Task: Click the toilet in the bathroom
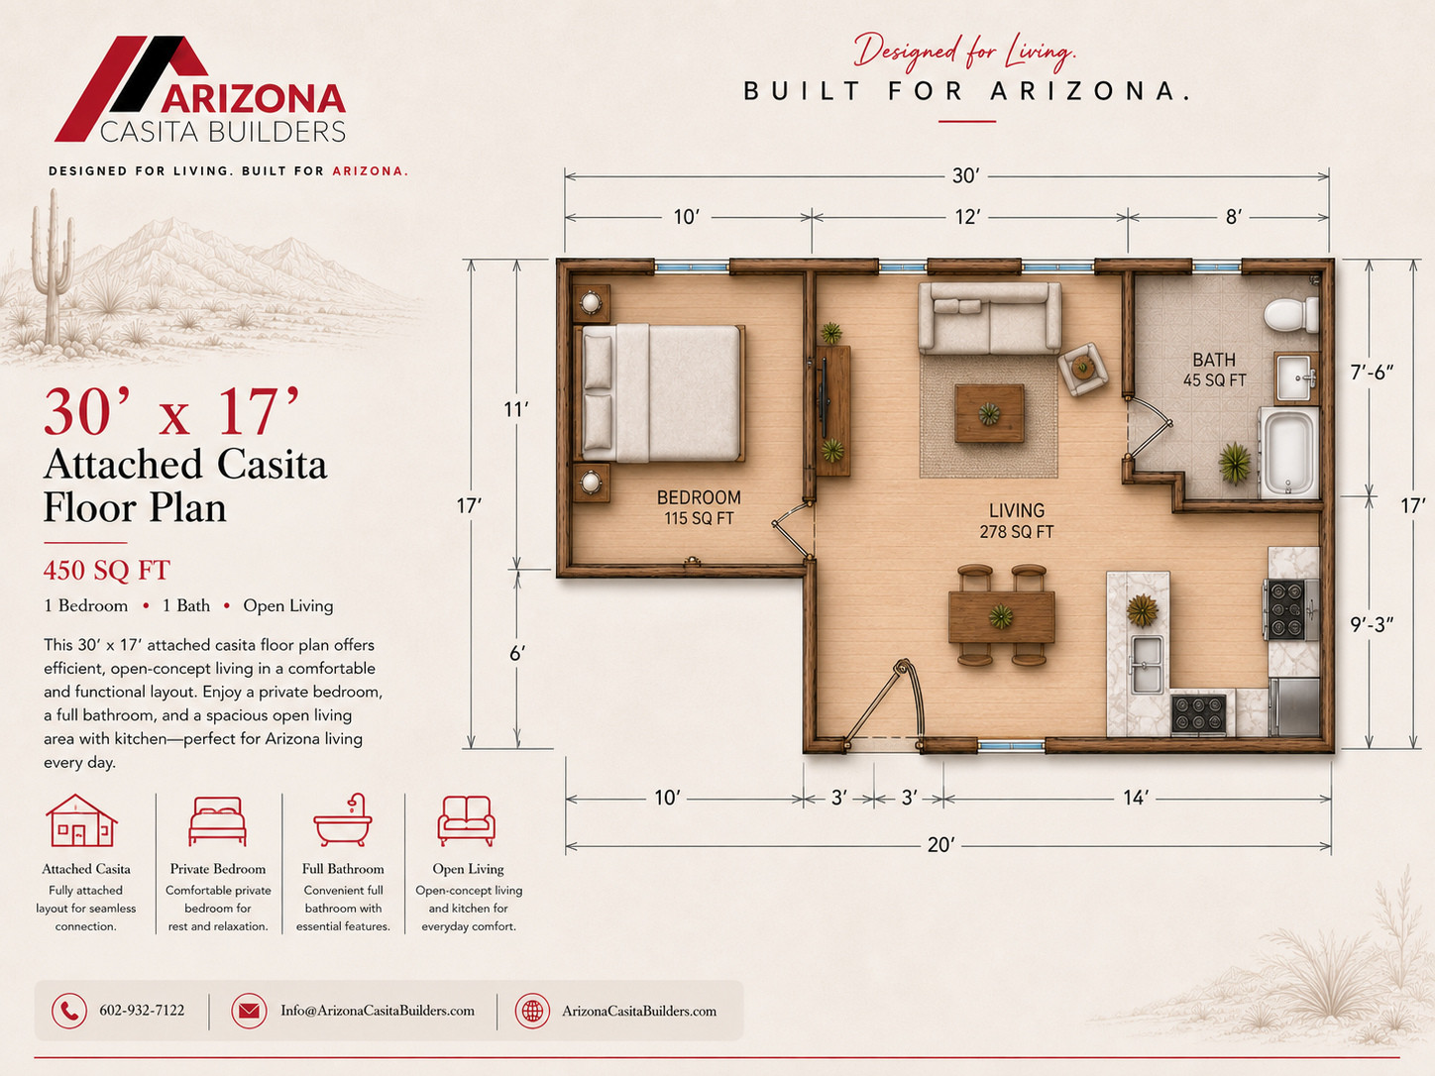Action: [x=1291, y=314]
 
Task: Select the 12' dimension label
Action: [x=967, y=217]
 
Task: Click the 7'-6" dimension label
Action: [x=1372, y=372]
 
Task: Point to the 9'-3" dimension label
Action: [x=1372, y=625]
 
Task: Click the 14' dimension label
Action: [x=1137, y=798]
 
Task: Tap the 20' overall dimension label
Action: [x=940, y=845]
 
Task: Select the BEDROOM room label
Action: [x=699, y=497]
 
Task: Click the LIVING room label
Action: [x=1017, y=510]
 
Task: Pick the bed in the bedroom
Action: [x=660, y=393]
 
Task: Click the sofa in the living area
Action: [x=989, y=317]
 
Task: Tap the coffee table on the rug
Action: [x=989, y=413]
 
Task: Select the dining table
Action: [x=1001, y=616]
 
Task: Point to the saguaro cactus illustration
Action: [x=53, y=268]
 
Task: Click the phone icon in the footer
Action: [x=69, y=1011]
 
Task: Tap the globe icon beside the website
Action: [x=532, y=1011]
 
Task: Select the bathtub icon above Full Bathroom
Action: [x=343, y=820]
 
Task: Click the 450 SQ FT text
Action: [x=107, y=571]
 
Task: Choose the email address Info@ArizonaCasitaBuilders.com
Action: [x=378, y=1011]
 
